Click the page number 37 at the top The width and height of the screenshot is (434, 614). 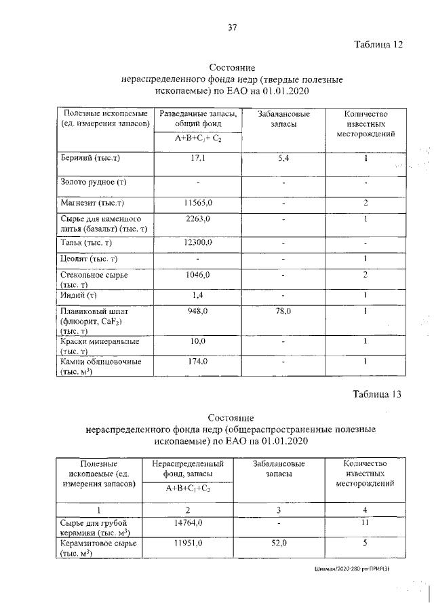tap(233, 27)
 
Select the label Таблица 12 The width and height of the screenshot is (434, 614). tap(378, 45)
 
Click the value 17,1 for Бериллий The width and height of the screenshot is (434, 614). tap(199, 158)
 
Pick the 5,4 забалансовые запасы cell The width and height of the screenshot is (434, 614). tap(284, 158)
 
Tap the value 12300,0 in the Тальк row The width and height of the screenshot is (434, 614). tap(199, 242)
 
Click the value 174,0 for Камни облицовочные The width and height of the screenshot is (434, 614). tap(199, 362)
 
